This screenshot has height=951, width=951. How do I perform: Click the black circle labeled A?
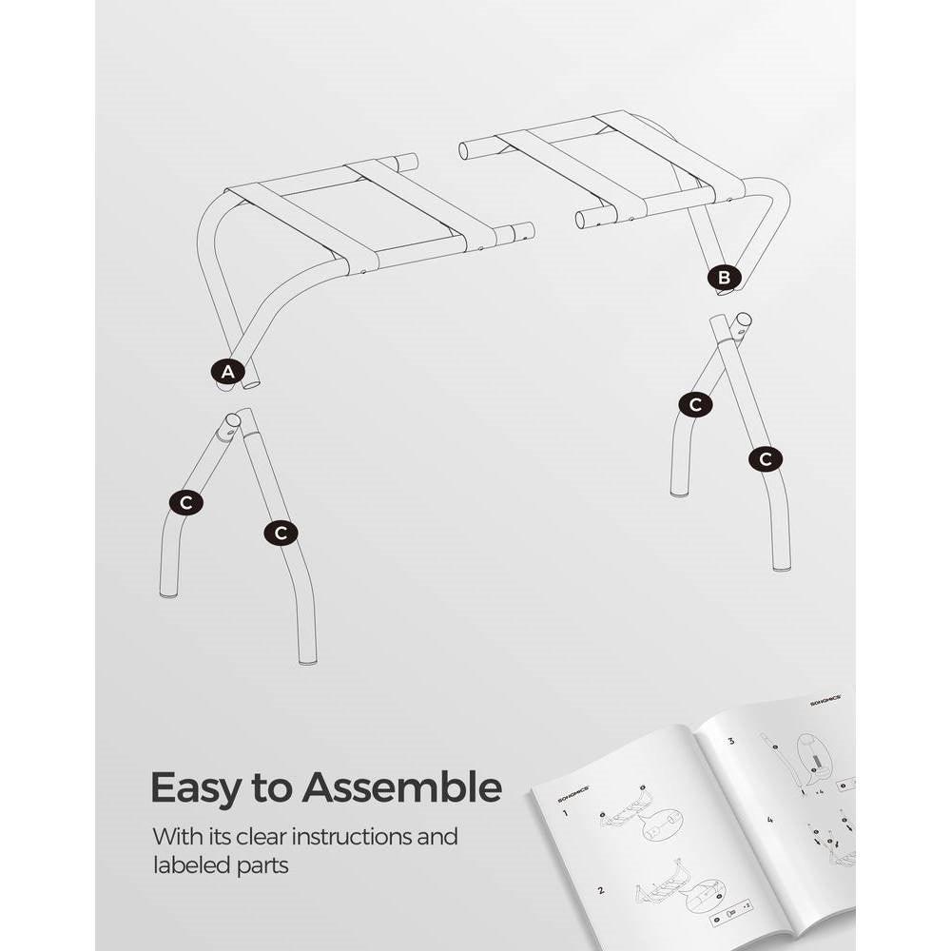coord(227,373)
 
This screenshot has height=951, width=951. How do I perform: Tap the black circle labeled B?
coord(724,278)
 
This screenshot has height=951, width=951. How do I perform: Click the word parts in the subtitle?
coord(267,866)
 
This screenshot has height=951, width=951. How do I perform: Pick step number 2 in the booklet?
coord(601,891)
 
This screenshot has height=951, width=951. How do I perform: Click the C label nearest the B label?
coord(695,404)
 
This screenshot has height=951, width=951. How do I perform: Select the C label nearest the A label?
coord(186,502)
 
